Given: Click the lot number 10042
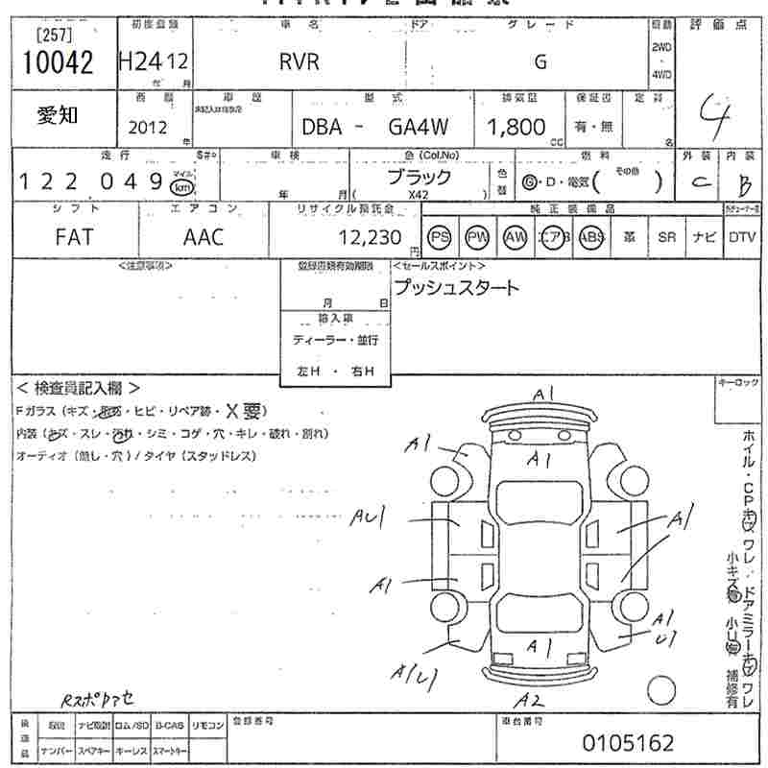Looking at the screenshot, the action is click(x=58, y=62).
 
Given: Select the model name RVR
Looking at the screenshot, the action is click(x=299, y=62).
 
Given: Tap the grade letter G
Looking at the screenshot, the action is click(x=540, y=62).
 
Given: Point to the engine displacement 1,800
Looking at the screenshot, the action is click(x=516, y=127).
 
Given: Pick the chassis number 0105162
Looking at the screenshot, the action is click(x=629, y=742).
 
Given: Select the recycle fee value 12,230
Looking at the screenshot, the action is click(x=371, y=237).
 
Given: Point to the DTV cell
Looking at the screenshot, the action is click(x=741, y=237).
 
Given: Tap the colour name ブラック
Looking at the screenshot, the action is click(x=419, y=178).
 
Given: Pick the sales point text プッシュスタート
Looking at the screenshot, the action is click(x=456, y=287).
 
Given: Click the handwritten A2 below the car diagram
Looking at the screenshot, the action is click(x=528, y=700).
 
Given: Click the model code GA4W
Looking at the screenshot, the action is click(x=419, y=127).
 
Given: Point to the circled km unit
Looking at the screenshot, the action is click(x=180, y=186).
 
